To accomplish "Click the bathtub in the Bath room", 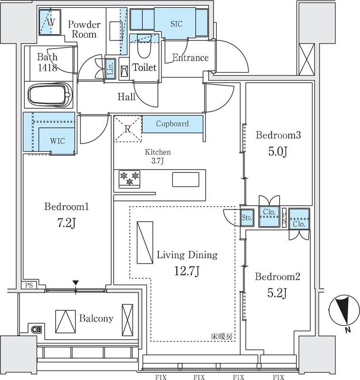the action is point(50,94).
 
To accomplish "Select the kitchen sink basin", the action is point(185,180).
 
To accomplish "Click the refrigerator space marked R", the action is point(127,129).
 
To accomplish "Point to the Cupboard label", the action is point(172,123).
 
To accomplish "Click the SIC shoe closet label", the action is point(176,24).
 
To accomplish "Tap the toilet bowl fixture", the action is point(144,47).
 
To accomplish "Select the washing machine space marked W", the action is point(50,22).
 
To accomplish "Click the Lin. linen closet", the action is point(110,68).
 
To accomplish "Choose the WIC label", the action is point(57,141).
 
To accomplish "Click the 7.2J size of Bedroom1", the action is point(67,223).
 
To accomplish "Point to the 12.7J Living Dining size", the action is point(187,271).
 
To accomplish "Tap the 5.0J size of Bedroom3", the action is point(278,152).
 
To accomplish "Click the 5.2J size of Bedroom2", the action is point(277,293).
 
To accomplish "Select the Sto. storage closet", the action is point(247,218).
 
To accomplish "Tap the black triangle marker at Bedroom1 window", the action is point(76,283).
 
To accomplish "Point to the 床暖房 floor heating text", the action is point(222,336).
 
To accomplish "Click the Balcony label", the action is point(97,318).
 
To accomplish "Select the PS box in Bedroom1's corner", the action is point(29,285).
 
